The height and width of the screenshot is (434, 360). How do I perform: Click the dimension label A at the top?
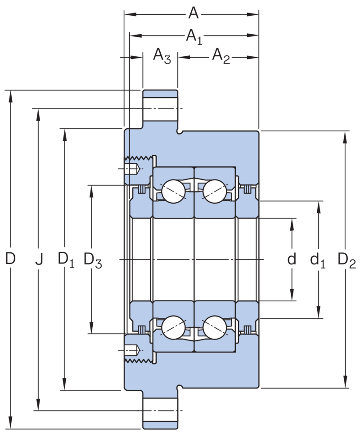pyautogui.click(x=193, y=13)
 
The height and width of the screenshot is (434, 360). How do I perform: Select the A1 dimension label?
pyautogui.click(x=194, y=37)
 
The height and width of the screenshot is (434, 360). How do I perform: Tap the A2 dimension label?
pyautogui.click(x=221, y=56)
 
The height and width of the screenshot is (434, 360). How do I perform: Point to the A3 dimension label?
pyautogui.click(x=162, y=56)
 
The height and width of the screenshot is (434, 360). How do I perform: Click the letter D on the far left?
pyautogui.click(x=10, y=258)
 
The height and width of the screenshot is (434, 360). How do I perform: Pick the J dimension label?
pyautogui.click(x=39, y=260)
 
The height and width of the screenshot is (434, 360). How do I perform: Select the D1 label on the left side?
pyautogui.click(x=66, y=260)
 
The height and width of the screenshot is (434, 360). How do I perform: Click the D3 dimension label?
pyautogui.click(x=93, y=260)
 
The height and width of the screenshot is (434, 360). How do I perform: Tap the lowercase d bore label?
pyautogui.click(x=292, y=259)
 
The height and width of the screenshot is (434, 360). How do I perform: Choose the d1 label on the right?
pyautogui.click(x=318, y=260)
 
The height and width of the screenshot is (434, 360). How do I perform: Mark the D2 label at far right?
pyautogui.click(x=346, y=260)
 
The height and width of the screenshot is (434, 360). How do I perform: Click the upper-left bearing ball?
pyautogui.click(x=173, y=192)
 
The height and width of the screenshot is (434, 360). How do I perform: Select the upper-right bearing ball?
pyautogui.click(x=215, y=192)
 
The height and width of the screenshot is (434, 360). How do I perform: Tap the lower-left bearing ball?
pyautogui.click(x=173, y=327)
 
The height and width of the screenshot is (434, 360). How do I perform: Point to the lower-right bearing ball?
pyautogui.click(x=215, y=327)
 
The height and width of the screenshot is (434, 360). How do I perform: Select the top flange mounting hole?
pyautogui.click(x=160, y=108)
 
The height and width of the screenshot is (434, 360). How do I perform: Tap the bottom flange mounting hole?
pyautogui.click(x=160, y=411)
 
